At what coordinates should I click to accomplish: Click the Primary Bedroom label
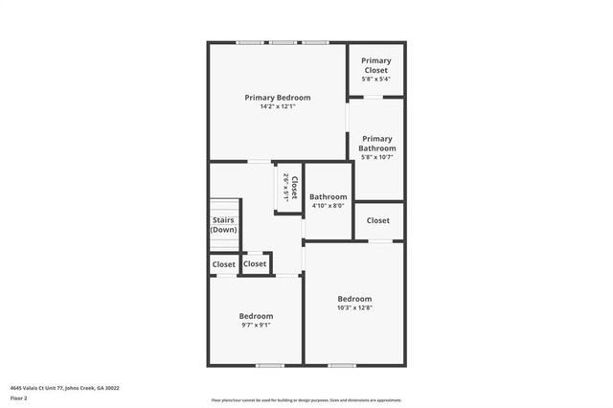point(277,98)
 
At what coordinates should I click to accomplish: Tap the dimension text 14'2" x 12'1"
point(277,106)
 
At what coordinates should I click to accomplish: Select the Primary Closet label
point(375,65)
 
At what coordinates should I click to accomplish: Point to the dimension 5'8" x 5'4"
point(375,79)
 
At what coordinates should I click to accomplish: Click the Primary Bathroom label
point(376,144)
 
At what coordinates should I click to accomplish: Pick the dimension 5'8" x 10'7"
point(376,157)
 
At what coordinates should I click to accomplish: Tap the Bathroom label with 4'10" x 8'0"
point(328,197)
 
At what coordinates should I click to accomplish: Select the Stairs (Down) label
point(224,225)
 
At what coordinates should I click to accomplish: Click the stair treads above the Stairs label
point(224,208)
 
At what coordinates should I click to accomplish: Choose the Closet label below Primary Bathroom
point(378,220)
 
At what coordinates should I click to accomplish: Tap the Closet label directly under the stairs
point(223,264)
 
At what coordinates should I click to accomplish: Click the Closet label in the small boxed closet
point(255,263)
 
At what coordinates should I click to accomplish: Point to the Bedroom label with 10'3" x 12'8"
point(354,299)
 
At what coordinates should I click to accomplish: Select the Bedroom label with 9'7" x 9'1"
point(256,316)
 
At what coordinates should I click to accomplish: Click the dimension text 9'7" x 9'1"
point(256,325)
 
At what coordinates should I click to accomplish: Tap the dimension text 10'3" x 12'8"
point(354,307)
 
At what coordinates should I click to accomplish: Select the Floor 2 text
point(19,397)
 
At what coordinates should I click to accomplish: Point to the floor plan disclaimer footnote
point(306,400)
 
